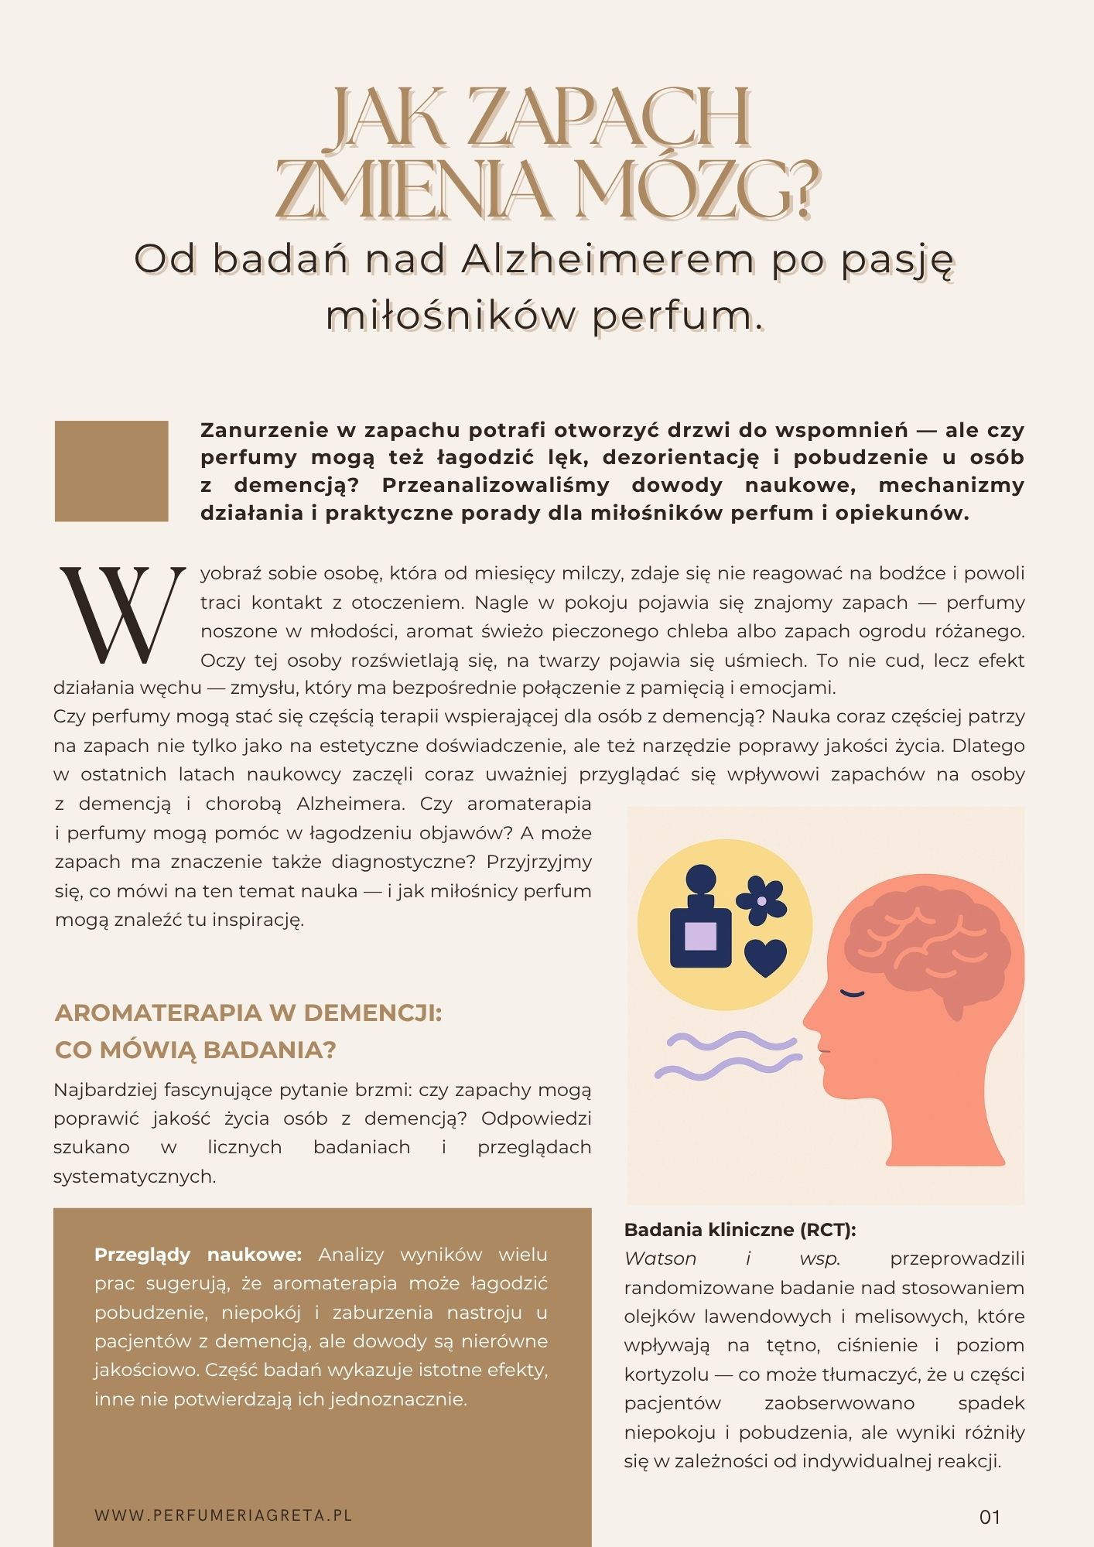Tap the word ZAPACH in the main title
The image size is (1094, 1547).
[x=616, y=118]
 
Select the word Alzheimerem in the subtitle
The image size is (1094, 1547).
[x=608, y=261]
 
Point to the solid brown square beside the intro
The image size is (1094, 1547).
[x=111, y=471]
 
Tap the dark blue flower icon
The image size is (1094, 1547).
[x=761, y=900]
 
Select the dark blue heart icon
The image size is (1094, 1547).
[x=765, y=958]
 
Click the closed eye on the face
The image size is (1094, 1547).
[x=852, y=992]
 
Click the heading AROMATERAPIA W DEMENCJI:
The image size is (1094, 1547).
[x=248, y=1013]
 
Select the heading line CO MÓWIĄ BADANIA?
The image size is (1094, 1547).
[x=196, y=1050]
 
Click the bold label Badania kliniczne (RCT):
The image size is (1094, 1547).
[x=740, y=1229]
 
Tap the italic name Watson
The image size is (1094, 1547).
[x=660, y=1258]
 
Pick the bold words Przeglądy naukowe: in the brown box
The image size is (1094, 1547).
[x=197, y=1254]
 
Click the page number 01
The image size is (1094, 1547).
[x=990, y=1517]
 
